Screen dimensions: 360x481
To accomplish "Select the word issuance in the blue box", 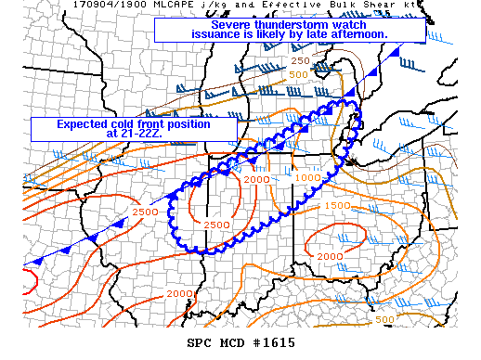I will (215, 35).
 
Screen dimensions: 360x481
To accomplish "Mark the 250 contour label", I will (300, 60).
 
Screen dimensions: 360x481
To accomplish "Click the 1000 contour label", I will (308, 177).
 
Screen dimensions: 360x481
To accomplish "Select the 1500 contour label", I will (337, 205).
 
